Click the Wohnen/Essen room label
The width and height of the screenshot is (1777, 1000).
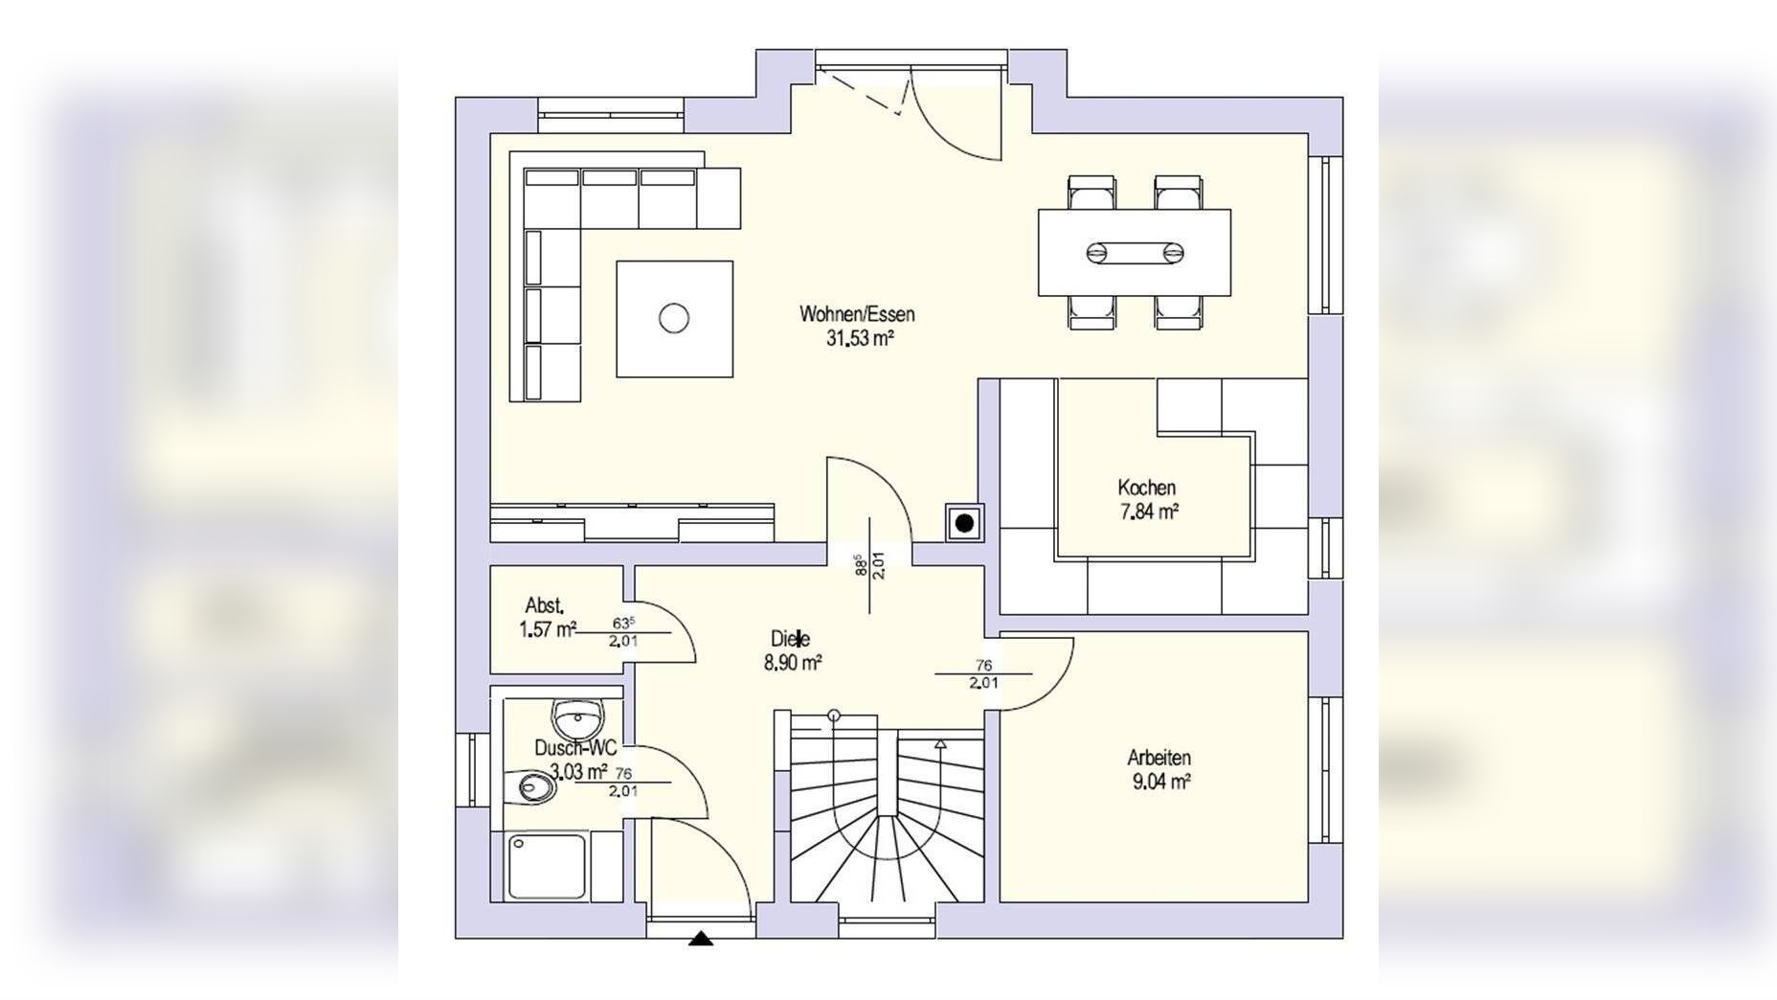pos(857,314)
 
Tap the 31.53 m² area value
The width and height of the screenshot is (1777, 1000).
pos(860,337)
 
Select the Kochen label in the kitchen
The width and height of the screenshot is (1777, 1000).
pos(1146,488)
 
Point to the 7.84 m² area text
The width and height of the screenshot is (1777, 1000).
pos(1149,511)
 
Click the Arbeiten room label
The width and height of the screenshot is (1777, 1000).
pos(1158,758)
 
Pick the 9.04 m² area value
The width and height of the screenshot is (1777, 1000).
pos(1161,782)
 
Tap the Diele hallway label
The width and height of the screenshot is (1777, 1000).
pos(791,639)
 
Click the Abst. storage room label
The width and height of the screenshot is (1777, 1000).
pos(544,605)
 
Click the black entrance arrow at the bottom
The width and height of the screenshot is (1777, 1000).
pos(701,939)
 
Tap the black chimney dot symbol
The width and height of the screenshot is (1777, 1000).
pos(965,523)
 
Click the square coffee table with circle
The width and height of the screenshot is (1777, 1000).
pos(675,318)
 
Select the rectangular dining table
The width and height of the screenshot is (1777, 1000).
pos(1135,253)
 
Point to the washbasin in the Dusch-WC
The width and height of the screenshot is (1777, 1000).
pos(577,716)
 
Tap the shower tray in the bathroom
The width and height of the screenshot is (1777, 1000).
pos(547,867)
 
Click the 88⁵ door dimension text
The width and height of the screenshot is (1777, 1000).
pos(860,565)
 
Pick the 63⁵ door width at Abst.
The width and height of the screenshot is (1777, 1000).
pos(623,623)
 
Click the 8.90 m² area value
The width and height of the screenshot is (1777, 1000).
pos(793,663)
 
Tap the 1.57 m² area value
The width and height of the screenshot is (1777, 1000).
pos(548,629)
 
